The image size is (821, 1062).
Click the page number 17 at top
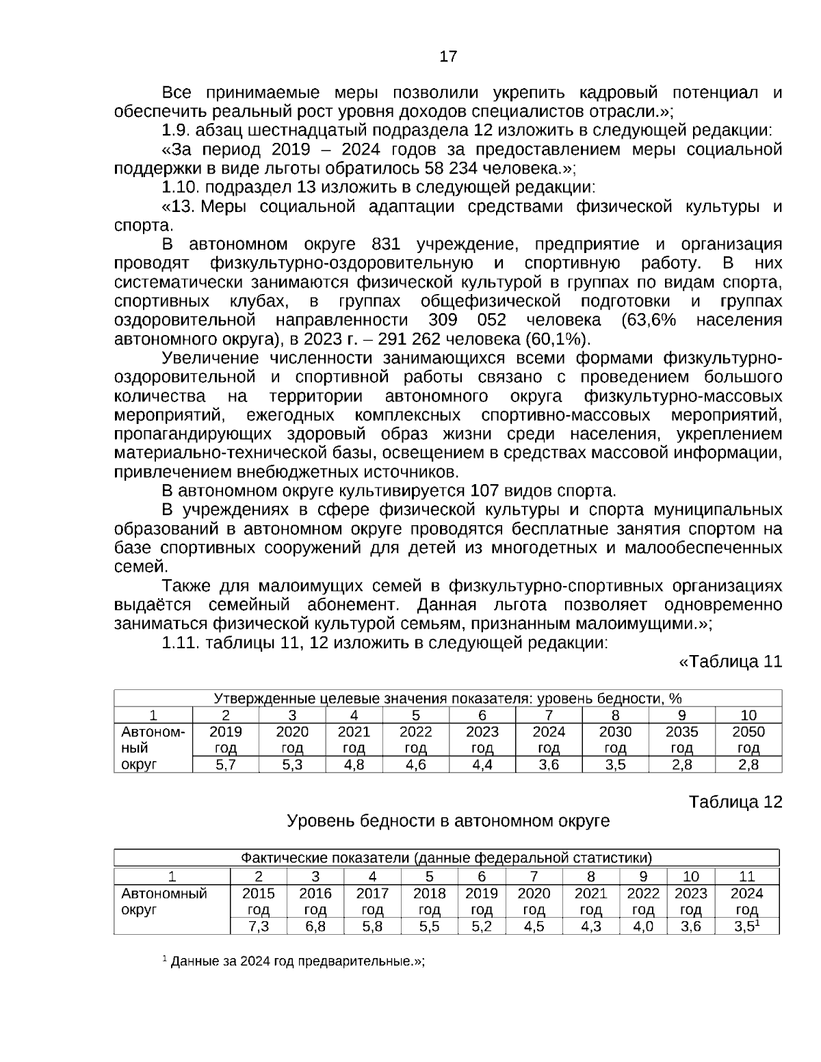coord(448,57)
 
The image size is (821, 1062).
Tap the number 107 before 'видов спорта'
coord(486,491)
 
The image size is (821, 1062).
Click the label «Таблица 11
coord(730,662)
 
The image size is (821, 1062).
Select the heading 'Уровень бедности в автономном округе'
coord(447,821)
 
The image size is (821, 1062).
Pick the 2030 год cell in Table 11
coord(615,739)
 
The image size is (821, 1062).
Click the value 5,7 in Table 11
coord(226,765)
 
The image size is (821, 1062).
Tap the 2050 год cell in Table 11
coord(748,739)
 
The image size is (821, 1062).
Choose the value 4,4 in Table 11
coord(482,765)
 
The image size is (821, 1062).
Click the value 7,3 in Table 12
coord(259,927)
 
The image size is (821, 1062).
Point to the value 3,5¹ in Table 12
coord(746,927)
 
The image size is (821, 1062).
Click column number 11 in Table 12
coord(746,877)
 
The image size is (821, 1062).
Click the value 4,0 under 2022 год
coord(643,927)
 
